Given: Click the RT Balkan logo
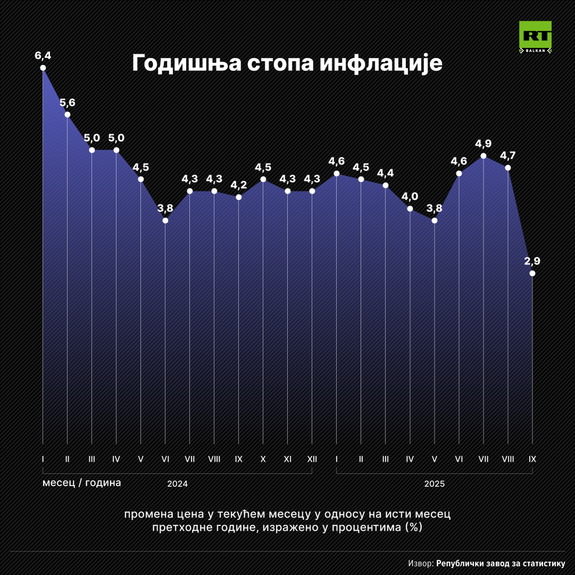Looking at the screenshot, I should tap(535, 38).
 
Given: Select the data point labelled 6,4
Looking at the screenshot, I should tap(43, 68).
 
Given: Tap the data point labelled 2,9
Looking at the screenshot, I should tap(532, 273).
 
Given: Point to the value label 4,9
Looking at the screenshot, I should tap(483, 144).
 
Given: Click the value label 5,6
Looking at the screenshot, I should tap(67, 102).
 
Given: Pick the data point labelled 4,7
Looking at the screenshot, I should tap(508, 168).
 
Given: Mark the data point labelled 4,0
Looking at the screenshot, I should tap(410, 209).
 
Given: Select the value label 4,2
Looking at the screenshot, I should tap(239, 185).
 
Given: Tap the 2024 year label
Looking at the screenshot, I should tap(177, 484).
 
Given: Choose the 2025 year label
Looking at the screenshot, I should tap(434, 484).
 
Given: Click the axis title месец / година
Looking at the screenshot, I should tap(81, 483).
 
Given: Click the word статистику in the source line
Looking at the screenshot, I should tap(540, 563).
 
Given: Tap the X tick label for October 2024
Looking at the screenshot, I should tap(263, 458).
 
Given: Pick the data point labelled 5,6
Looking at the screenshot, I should tap(67, 114).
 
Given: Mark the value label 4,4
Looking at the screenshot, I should tap(385, 173).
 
